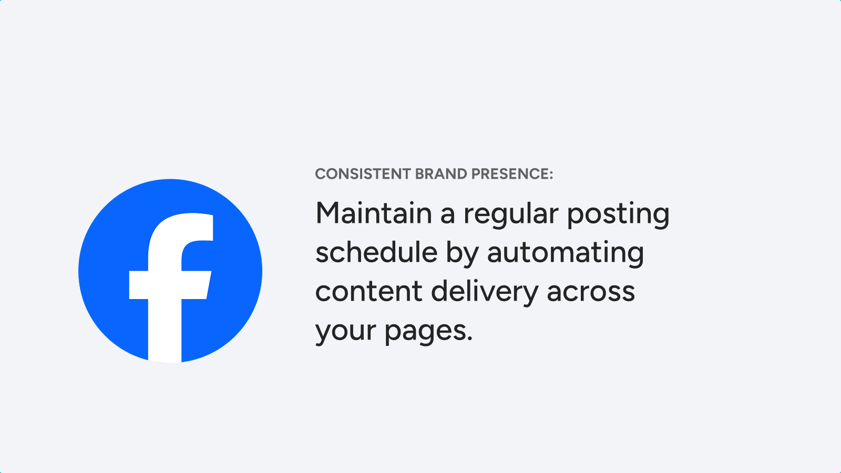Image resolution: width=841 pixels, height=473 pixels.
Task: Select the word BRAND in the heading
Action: click(441, 174)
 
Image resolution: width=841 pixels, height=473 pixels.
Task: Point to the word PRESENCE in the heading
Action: click(509, 174)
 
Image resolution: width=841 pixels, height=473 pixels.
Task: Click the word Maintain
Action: click(374, 213)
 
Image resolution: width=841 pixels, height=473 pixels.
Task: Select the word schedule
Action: click(376, 252)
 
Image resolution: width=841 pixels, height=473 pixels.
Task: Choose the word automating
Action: click(566, 253)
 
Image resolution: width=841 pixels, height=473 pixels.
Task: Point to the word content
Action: click(368, 291)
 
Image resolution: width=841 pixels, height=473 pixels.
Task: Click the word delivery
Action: click(485, 292)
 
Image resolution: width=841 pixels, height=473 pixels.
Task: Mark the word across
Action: click(591, 292)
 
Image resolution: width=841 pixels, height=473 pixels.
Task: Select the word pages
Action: click(425, 332)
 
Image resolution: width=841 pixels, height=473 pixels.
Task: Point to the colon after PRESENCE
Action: click(551, 174)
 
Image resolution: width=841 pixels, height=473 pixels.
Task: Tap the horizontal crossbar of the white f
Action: click(170, 285)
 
